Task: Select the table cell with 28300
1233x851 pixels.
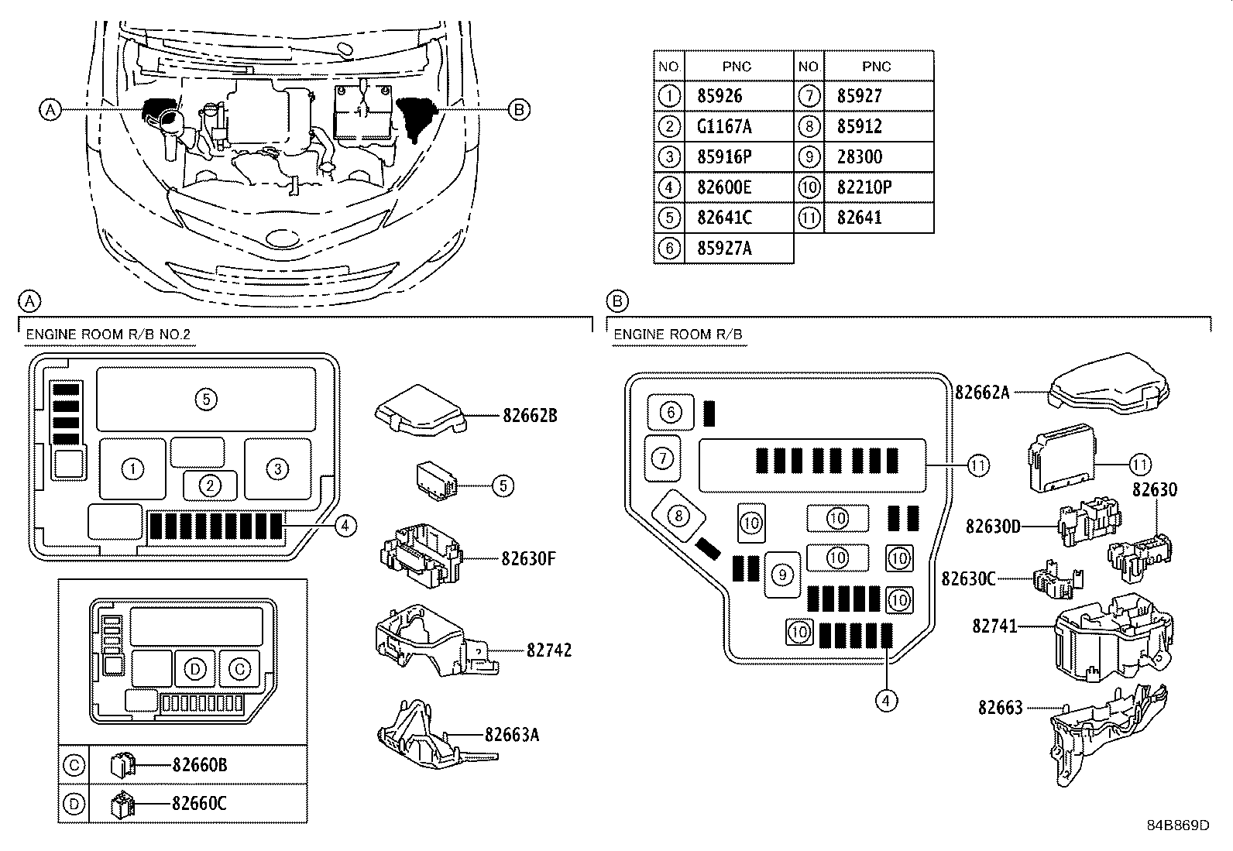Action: (859, 157)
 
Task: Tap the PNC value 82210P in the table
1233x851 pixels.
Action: (864, 187)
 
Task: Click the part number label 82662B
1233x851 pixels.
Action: (530, 416)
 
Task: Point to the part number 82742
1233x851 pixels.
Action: (548, 650)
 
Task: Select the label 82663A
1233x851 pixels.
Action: (512, 734)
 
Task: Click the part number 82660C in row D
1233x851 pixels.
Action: (199, 804)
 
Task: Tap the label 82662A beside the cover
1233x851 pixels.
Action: (982, 393)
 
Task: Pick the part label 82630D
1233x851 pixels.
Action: (993, 527)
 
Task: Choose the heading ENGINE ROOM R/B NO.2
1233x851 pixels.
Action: (108, 335)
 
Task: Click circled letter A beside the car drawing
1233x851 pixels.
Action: (50, 110)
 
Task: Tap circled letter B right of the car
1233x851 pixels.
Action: (519, 110)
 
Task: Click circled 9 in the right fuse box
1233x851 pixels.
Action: (782, 575)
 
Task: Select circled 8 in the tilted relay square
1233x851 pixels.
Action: (678, 515)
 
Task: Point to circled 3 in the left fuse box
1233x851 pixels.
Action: (277, 468)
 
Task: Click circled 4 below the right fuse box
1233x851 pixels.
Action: (886, 700)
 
